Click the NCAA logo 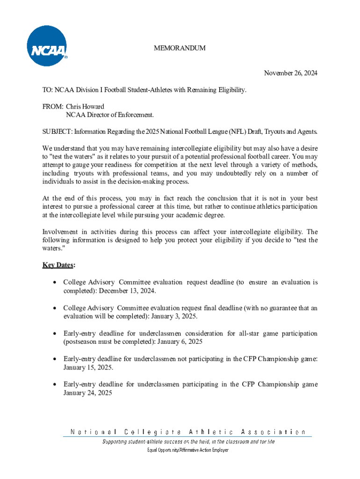(x=47, y=46)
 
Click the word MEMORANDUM (x=180, y=48)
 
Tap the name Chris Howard (x=85, y=106)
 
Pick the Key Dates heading (x=58, y=265)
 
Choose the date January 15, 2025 (x=88, y=368)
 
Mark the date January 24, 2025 (x=88, y=393)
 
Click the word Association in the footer (x=273, y=432)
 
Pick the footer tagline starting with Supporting (x=188, y=442)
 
